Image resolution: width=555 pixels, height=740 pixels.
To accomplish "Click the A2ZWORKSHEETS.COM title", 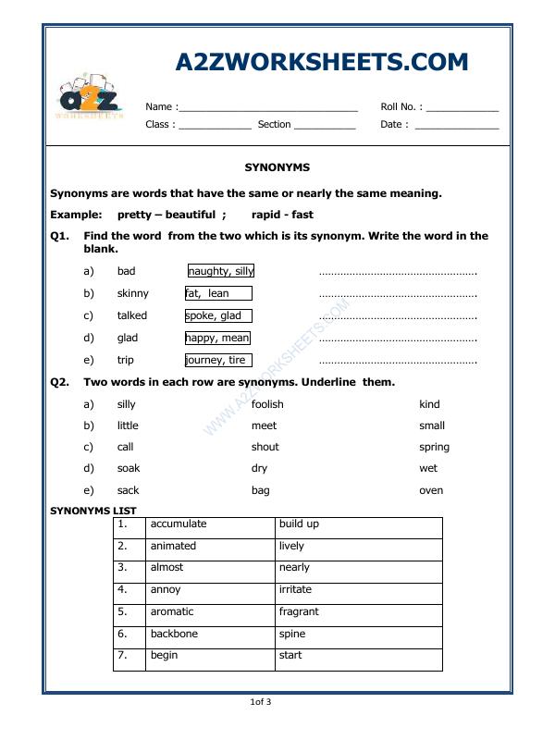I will [x=322, y=62].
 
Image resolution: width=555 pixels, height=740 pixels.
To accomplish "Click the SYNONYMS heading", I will [x=277, y=167].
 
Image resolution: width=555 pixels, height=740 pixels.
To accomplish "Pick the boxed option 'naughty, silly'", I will [x=221, y=271].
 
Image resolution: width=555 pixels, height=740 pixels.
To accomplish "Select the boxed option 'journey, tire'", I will [x=216, y=360].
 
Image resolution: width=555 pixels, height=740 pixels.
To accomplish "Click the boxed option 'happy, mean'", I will [x=217, y=338].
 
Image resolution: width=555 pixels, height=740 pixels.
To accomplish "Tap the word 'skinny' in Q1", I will [x=133, y=293].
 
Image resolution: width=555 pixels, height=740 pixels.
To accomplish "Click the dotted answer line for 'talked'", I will [x=398, y=316].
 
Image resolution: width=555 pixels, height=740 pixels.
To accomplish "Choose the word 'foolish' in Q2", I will [x=267, y=404].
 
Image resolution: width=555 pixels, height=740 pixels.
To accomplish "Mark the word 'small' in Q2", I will [x=432, y=425].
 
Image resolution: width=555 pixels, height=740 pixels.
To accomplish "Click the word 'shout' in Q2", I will [x=265, y=447].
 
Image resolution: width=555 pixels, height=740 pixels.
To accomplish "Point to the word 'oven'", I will [x=431, y=490].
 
